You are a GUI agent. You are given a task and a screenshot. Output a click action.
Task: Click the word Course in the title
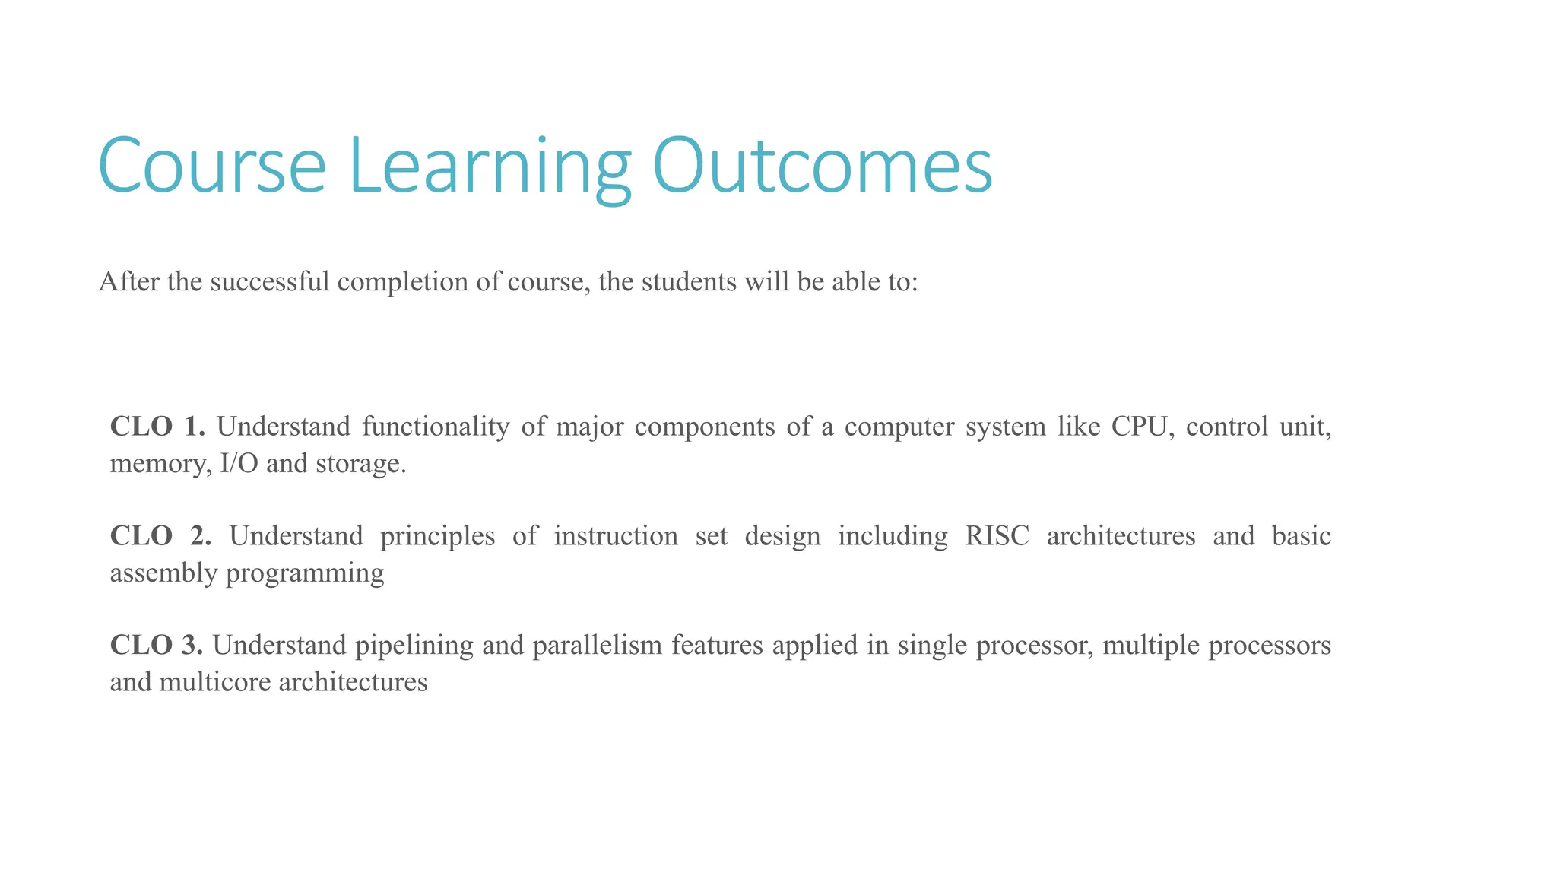click(x=212, y=166)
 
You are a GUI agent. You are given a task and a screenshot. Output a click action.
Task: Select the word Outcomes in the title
click(x=822, y=166)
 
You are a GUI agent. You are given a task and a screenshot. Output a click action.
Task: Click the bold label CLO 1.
click(x=157, y=427)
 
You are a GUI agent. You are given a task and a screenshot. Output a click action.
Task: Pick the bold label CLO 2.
click(x=160, y=536)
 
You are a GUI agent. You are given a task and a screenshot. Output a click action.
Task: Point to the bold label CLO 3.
click(x=157, y=646)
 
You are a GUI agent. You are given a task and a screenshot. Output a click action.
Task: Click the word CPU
click(x=1137, y=427)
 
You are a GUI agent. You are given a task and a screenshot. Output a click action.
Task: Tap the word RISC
click(x=997, y=536)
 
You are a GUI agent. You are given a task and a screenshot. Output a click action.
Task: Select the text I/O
click(x=239, y=463)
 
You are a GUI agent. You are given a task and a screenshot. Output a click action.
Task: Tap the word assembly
click(x=164, y=573)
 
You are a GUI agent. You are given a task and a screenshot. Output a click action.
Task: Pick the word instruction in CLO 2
click(x=616, y=536)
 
